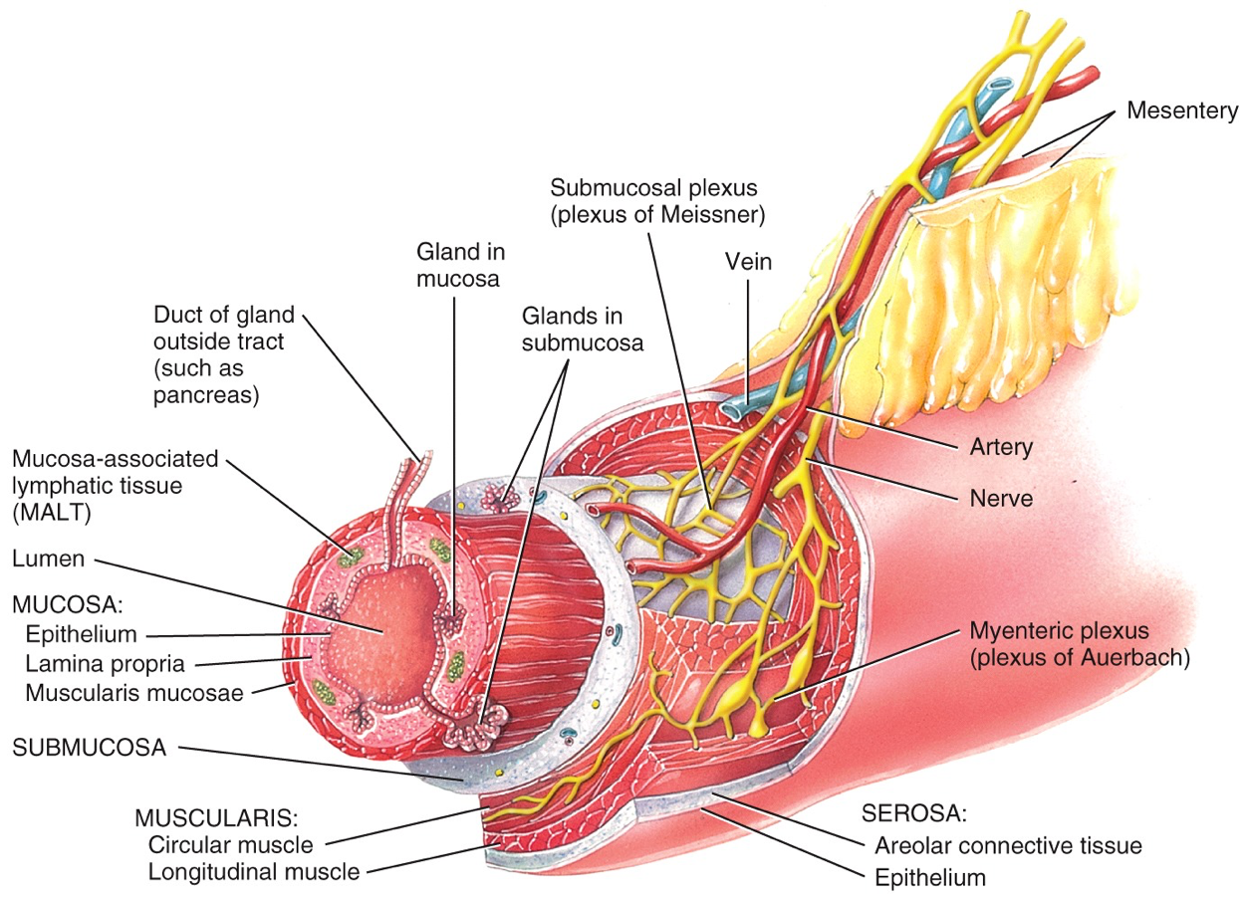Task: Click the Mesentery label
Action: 1182,111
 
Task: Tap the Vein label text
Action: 748,262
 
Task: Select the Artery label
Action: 1001,447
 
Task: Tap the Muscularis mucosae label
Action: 134,692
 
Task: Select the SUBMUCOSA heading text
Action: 90,747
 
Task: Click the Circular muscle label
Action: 230,845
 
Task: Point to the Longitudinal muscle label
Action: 253,872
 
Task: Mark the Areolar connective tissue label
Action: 1008,846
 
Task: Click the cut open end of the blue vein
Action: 735,406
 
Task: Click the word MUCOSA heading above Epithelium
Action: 62,605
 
